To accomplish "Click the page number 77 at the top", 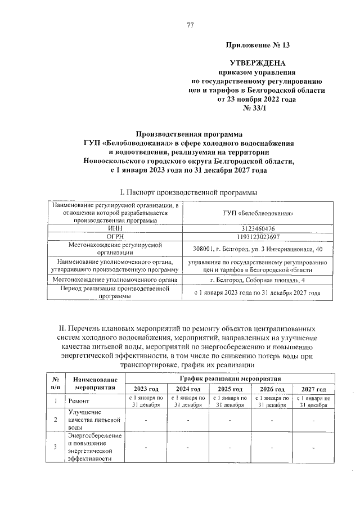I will [x=190, y=25].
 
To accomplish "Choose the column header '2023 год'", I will [x=146, y=389].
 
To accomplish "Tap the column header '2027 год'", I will [x=313, y=389].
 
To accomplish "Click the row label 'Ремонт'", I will [x=78, y=402].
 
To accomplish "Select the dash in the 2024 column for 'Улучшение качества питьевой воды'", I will [x=188, y=420].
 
